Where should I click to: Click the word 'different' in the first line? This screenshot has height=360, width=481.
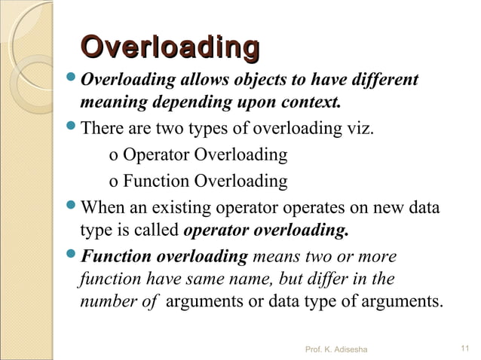382,81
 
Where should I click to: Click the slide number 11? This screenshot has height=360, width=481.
464,348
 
